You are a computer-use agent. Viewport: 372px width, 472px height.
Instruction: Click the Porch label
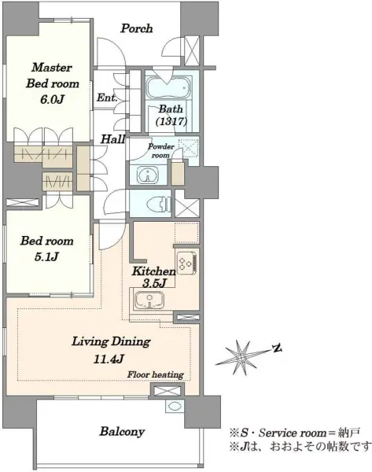tap(137, 28)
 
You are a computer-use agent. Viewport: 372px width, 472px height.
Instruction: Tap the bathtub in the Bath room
tap(169, 87)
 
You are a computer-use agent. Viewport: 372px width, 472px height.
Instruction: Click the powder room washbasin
tap(148, 175)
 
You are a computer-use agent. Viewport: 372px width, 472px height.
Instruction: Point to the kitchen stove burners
tap(187, 262)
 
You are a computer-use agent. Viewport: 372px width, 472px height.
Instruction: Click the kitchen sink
tap(149, 301)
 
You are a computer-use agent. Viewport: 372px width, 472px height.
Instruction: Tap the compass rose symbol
tap(241, 357)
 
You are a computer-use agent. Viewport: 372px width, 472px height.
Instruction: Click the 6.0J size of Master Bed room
tap(53, 99)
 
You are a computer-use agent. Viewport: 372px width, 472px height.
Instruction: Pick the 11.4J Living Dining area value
tap(109, 359)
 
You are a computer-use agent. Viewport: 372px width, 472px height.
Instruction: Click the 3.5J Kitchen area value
tap(154, 283)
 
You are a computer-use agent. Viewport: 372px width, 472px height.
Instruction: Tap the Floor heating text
tap(155, 374)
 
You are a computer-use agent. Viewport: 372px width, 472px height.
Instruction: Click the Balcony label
tap(122, 432)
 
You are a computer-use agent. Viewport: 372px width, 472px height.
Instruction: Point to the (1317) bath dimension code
tap(171, 121)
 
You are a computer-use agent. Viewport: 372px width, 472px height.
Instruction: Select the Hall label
tap(112, 139)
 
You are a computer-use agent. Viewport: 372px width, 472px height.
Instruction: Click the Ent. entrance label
tap(107, 98)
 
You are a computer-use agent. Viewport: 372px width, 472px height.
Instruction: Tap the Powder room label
tap(161, 151)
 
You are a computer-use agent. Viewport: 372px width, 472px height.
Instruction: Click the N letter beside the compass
tap(277, 348)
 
